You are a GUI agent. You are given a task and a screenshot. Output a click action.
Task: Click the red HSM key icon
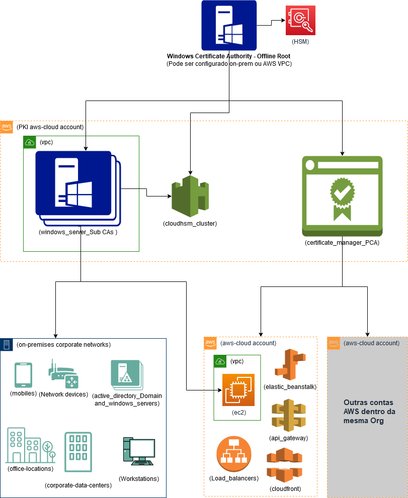(300, 20)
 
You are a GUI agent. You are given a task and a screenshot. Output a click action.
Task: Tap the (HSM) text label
(300, 42)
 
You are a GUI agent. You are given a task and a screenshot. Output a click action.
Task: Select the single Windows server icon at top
(229, 25)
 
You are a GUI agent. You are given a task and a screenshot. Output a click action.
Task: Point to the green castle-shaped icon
(190, 196)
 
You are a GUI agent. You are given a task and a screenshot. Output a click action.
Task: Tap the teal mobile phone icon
(24, 375)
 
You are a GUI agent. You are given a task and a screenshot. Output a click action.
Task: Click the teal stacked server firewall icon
(126, 375)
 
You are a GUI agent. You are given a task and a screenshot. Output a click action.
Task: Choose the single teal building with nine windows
(78, 452)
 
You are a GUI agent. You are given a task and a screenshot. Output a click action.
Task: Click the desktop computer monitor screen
(142, 448)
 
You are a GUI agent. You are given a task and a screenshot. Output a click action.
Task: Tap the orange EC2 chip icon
(238, 389)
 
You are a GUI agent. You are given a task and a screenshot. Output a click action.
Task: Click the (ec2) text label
(238, 412)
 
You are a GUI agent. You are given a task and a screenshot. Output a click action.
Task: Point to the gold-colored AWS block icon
(289, 415)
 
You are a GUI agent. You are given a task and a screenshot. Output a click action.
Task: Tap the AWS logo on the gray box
(334, 343)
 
